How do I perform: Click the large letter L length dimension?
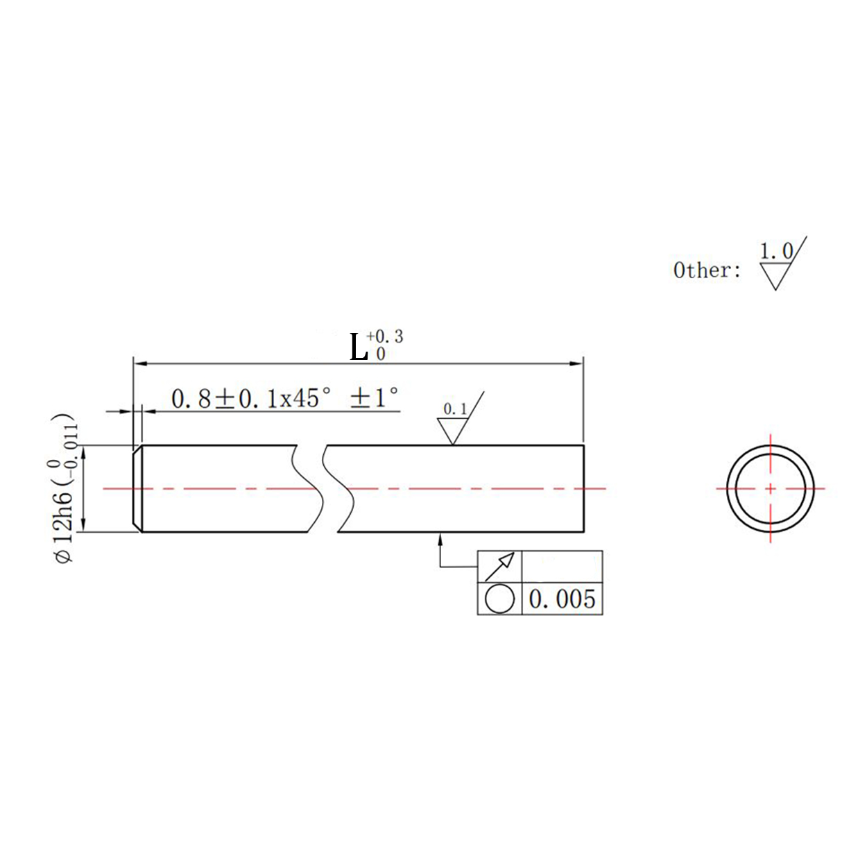(359, 347)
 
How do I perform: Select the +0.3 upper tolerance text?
(385, 336)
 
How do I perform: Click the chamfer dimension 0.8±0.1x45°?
(251, 399)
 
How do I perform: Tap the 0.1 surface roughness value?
(455, 409)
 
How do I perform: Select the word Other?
(706, 271)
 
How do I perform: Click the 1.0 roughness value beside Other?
(777, 252)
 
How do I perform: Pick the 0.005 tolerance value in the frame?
(562, 599)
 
